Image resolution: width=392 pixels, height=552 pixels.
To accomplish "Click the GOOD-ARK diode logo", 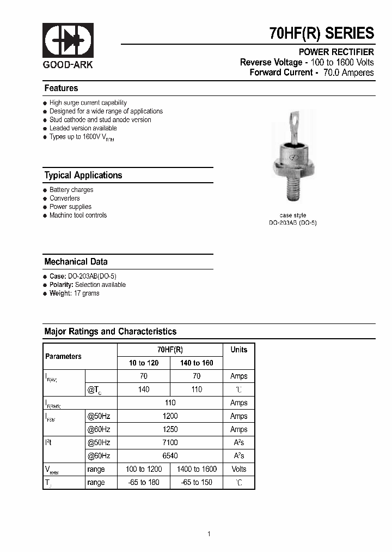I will tap(68, 41).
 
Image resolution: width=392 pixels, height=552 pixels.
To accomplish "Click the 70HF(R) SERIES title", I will tap(322, 33).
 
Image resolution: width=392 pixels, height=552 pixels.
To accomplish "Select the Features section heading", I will tap(61, 88).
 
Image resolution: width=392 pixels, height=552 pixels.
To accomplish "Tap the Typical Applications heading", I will tap(83, 175).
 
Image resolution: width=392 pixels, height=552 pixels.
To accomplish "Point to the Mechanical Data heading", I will tap(76, 262).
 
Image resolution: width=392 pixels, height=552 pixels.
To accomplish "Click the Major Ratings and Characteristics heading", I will tap(110, 332).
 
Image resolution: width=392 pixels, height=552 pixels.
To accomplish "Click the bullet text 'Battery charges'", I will tap(71, 190).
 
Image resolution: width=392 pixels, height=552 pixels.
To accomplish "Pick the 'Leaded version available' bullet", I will tap(83, 128).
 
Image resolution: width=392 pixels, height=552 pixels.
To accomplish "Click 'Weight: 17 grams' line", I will tap(74, 293).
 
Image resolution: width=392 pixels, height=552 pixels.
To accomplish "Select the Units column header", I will tap(238, 350).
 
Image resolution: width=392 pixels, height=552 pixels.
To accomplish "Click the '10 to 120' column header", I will tap(144, 363).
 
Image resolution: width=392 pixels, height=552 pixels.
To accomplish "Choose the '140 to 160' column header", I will tap(197, 363).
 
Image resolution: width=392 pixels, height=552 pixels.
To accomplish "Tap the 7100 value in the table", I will tap(170, 442).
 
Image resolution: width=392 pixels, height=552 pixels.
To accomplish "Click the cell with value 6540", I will tap(170, 455).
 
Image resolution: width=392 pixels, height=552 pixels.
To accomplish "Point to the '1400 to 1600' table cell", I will tap(197, 469).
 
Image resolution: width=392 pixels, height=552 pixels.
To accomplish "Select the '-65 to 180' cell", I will tap(144, 483).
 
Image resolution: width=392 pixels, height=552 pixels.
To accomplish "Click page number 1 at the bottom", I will tap(209, 534).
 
